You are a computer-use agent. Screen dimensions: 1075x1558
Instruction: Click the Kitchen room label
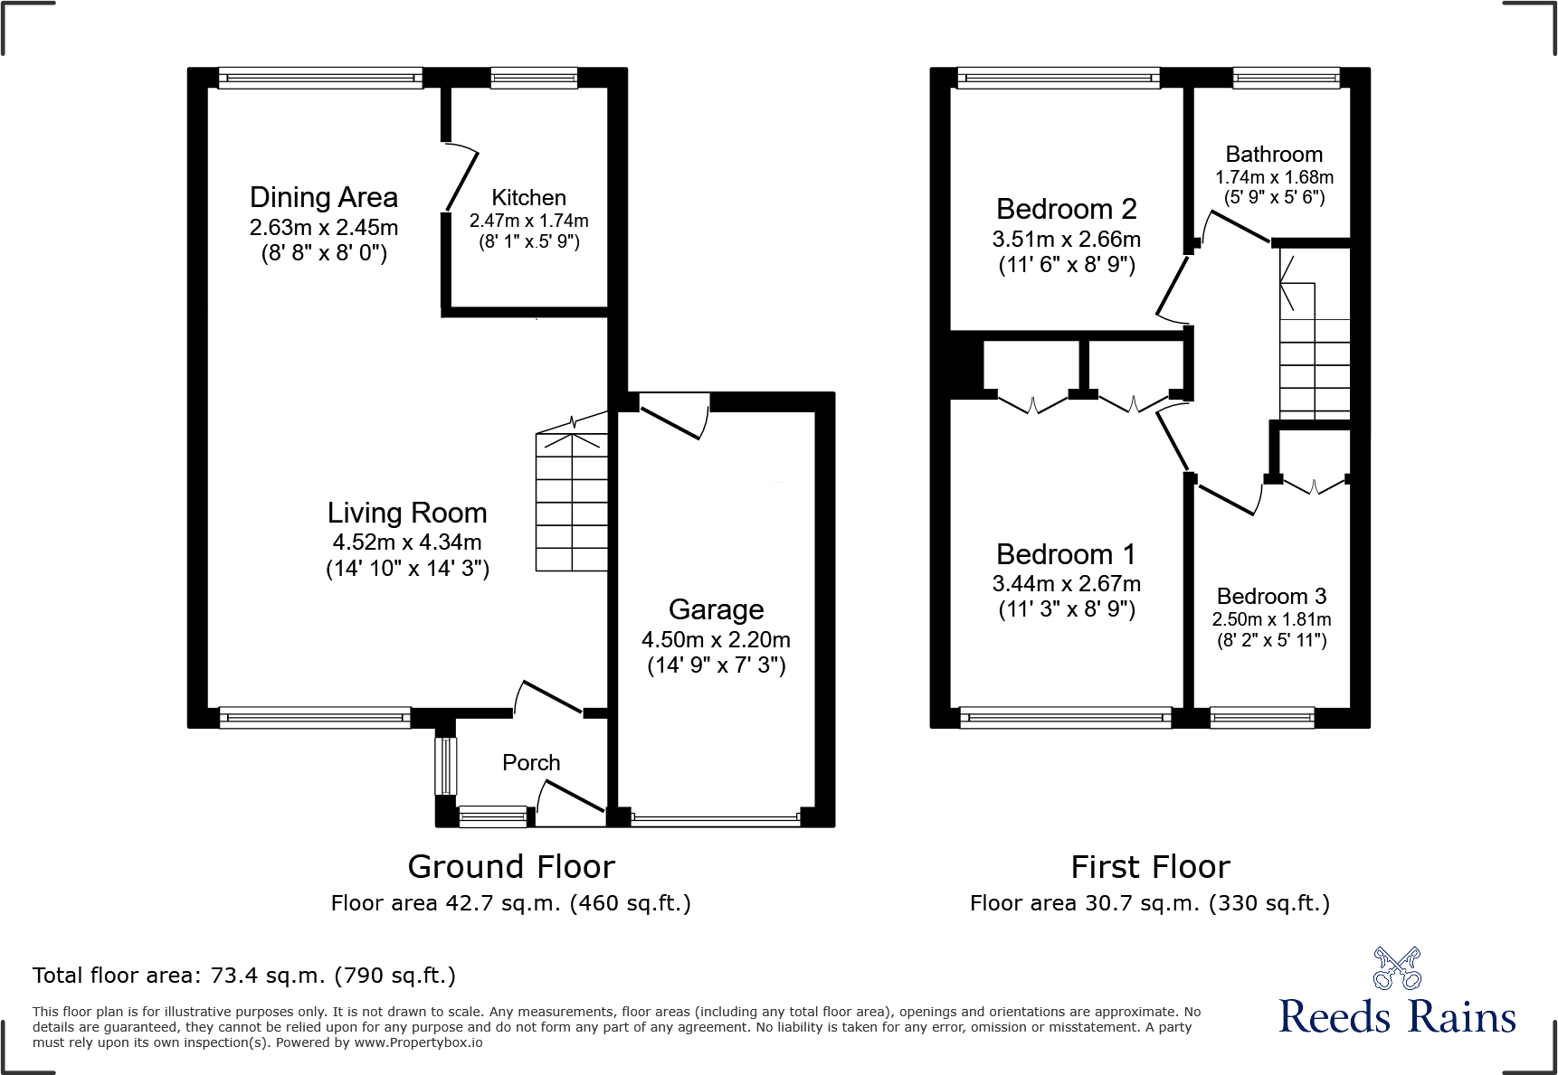coord(528,198)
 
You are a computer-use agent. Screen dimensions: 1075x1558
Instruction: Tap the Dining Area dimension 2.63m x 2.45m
coord(324,228)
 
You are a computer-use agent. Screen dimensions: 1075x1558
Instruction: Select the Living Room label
coord(407,513)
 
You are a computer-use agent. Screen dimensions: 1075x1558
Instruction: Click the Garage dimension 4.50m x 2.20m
coord(716,640)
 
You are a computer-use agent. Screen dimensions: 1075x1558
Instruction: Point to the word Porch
coord(531,763)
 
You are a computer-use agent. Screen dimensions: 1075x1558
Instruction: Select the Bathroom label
coord(1274,155)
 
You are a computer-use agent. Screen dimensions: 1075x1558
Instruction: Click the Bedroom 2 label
coord(1066,209)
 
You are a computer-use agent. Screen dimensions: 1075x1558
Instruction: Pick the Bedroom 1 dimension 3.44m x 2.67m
coord(1066,584)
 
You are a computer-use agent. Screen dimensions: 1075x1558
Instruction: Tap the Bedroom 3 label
coord(1271,597)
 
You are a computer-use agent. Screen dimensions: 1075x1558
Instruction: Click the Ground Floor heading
coord(511,867)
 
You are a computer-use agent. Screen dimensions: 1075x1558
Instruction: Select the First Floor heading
coord(1150,867)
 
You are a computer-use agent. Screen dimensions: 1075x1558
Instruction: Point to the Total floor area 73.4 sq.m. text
coord(244,976)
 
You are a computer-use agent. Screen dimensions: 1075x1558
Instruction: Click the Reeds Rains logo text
coord(1397,1017)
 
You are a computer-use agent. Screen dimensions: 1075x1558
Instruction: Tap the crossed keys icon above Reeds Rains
coord(1397,968)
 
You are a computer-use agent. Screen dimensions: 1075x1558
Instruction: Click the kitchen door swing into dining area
coord(461,179)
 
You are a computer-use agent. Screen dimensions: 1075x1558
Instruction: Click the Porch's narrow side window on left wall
coord(445,767)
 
